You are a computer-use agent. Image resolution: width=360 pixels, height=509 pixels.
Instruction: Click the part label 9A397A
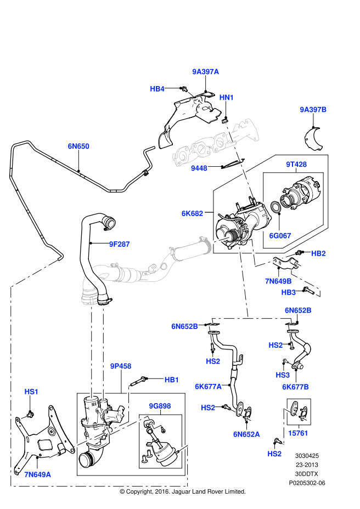click(x=205, y=72)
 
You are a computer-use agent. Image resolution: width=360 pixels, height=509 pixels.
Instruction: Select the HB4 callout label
click(x=157, y=89)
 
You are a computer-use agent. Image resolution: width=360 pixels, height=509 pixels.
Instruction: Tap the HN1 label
click(x=227, y=98)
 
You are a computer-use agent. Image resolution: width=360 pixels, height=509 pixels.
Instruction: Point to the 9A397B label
click(x=313, y=110)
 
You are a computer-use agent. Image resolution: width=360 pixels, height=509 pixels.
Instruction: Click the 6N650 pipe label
click(x=78, y=146)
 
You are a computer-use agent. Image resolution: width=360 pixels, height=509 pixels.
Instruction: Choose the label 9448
click(x=199, y=168)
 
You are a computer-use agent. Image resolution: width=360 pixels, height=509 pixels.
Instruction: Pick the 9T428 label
click(x=296, y=165)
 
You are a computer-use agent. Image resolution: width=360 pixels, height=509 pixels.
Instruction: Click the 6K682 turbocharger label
click(x=193, y=213)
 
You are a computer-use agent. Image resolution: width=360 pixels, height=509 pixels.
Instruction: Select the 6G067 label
click(x=280, y=235)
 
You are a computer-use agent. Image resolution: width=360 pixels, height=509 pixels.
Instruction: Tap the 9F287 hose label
click(x=119, y=244)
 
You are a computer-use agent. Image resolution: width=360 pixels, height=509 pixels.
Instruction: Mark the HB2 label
click(x=318, y=253)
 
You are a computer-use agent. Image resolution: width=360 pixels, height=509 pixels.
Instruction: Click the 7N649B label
click(x=279, y=281)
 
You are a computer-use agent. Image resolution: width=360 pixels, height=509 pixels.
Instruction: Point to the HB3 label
click(x=289, y=292)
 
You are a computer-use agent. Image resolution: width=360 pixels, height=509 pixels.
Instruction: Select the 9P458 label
click(x=121, y=366)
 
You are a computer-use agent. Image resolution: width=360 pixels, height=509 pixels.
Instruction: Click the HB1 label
click(x=172, y=380)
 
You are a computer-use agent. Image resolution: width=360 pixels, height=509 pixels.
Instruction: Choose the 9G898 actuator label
click(x=160, y=406)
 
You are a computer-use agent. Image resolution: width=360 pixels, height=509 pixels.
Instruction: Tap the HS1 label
click(x=32, y=392)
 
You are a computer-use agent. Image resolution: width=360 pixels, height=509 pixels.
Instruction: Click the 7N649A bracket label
click(x=37, y=474)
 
